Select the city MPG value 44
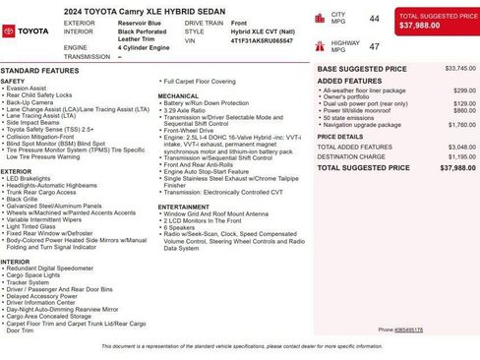tap(374, 19)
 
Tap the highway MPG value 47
tap(374, 46)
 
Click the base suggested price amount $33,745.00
tap(460, 69)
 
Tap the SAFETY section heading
tap(13, 81)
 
